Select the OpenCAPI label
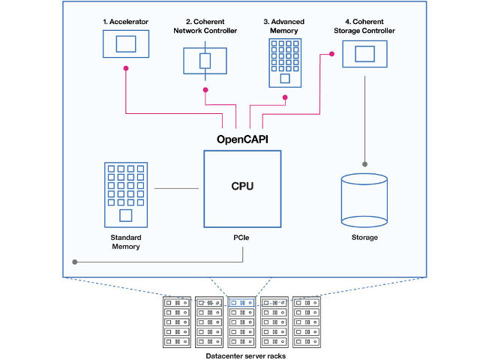click(243, 139)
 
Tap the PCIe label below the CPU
click(243, 238)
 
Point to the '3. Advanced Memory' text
click(284, 26)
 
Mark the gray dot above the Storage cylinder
click(364, 163)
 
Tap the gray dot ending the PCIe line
click(74, 262)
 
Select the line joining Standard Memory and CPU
click(178, 187)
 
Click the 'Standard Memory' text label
click(124, 242)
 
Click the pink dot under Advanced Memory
click(284, 97)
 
